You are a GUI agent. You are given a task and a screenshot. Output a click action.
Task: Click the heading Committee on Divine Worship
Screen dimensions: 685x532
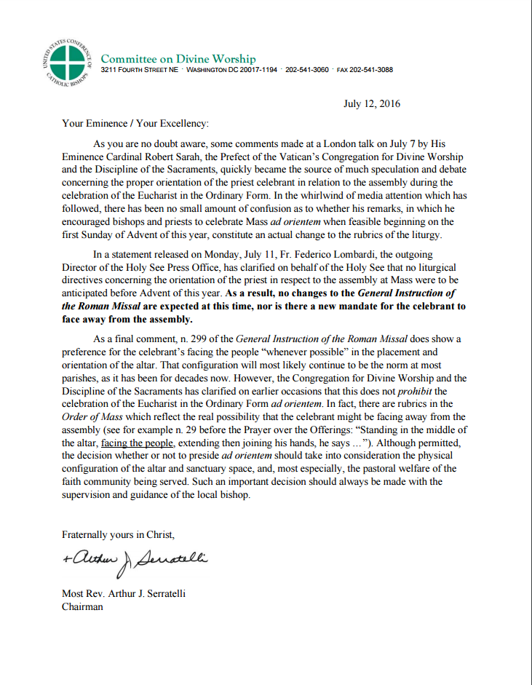pyautogui.click(x=178, y=58)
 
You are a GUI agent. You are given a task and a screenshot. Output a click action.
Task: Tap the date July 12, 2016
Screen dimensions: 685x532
pyautogui.click(x=371, y=103)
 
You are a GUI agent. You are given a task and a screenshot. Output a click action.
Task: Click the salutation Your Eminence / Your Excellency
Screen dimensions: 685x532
pyautogui.click(x=135, y=124)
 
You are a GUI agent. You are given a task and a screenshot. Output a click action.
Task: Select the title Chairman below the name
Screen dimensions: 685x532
pyautogui.click(x=82, y=606)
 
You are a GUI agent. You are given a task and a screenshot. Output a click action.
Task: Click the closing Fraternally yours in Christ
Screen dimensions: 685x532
pyautogui.click(x=118, y=534)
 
